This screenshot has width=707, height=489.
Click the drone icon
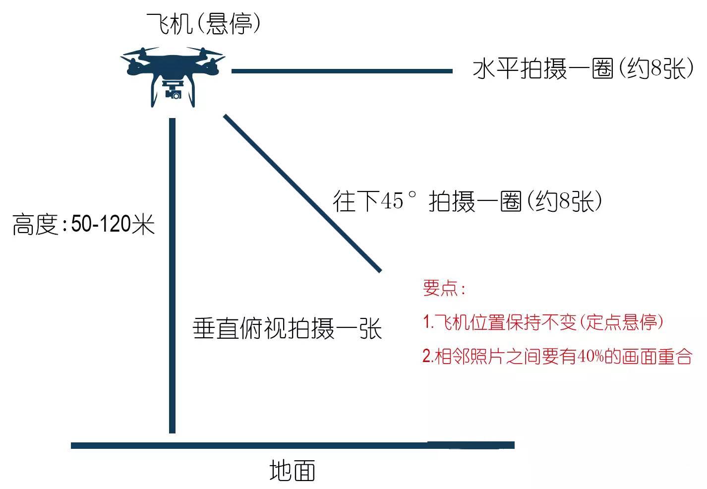173,74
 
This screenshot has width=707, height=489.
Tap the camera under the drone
174,93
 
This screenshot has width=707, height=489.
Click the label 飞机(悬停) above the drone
203,23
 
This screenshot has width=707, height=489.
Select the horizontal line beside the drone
342,71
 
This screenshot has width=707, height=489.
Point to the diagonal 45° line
302,193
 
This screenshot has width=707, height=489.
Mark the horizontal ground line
293,445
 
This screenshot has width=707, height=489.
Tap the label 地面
292,470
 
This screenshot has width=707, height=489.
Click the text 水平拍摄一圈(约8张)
583,69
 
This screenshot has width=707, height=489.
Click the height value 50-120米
113,225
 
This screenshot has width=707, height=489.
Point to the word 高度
35,225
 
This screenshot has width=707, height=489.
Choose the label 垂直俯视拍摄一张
287,328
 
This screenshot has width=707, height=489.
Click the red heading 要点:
444,288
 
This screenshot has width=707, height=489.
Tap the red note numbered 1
543,322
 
